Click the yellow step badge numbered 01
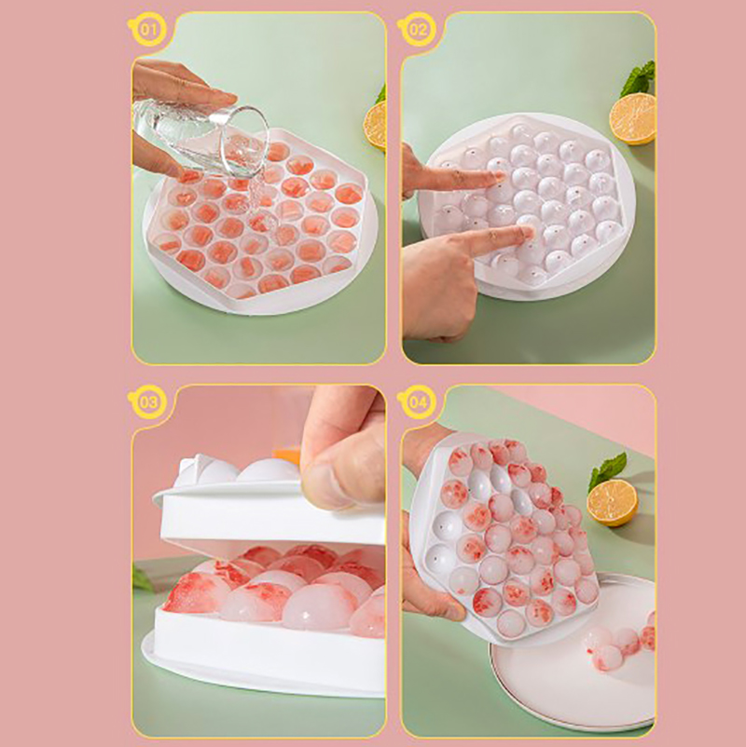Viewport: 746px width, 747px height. click(x=148, y=30)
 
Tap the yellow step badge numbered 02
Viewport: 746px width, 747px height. click(x=418, y=30)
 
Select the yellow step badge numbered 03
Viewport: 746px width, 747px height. click(x=148, y=402)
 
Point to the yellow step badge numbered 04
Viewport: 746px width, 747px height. click(x=418, y=402)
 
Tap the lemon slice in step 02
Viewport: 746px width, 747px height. click(x=632, y=118)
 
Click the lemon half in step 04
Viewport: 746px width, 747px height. click(x=612, y=503)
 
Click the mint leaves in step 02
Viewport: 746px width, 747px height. click(x=639, y=78)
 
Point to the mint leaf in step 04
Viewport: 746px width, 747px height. click(x=607, y=470)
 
